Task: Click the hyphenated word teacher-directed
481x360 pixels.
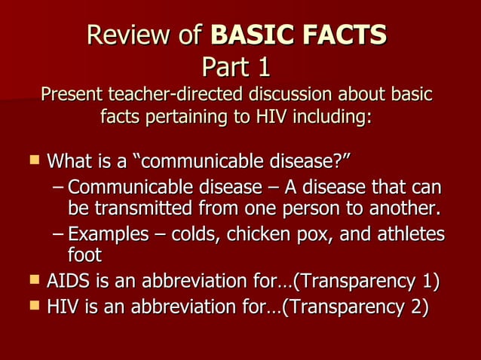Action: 174,96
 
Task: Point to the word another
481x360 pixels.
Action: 402,206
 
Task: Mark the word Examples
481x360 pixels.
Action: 108,235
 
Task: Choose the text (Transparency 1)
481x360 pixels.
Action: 367,283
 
